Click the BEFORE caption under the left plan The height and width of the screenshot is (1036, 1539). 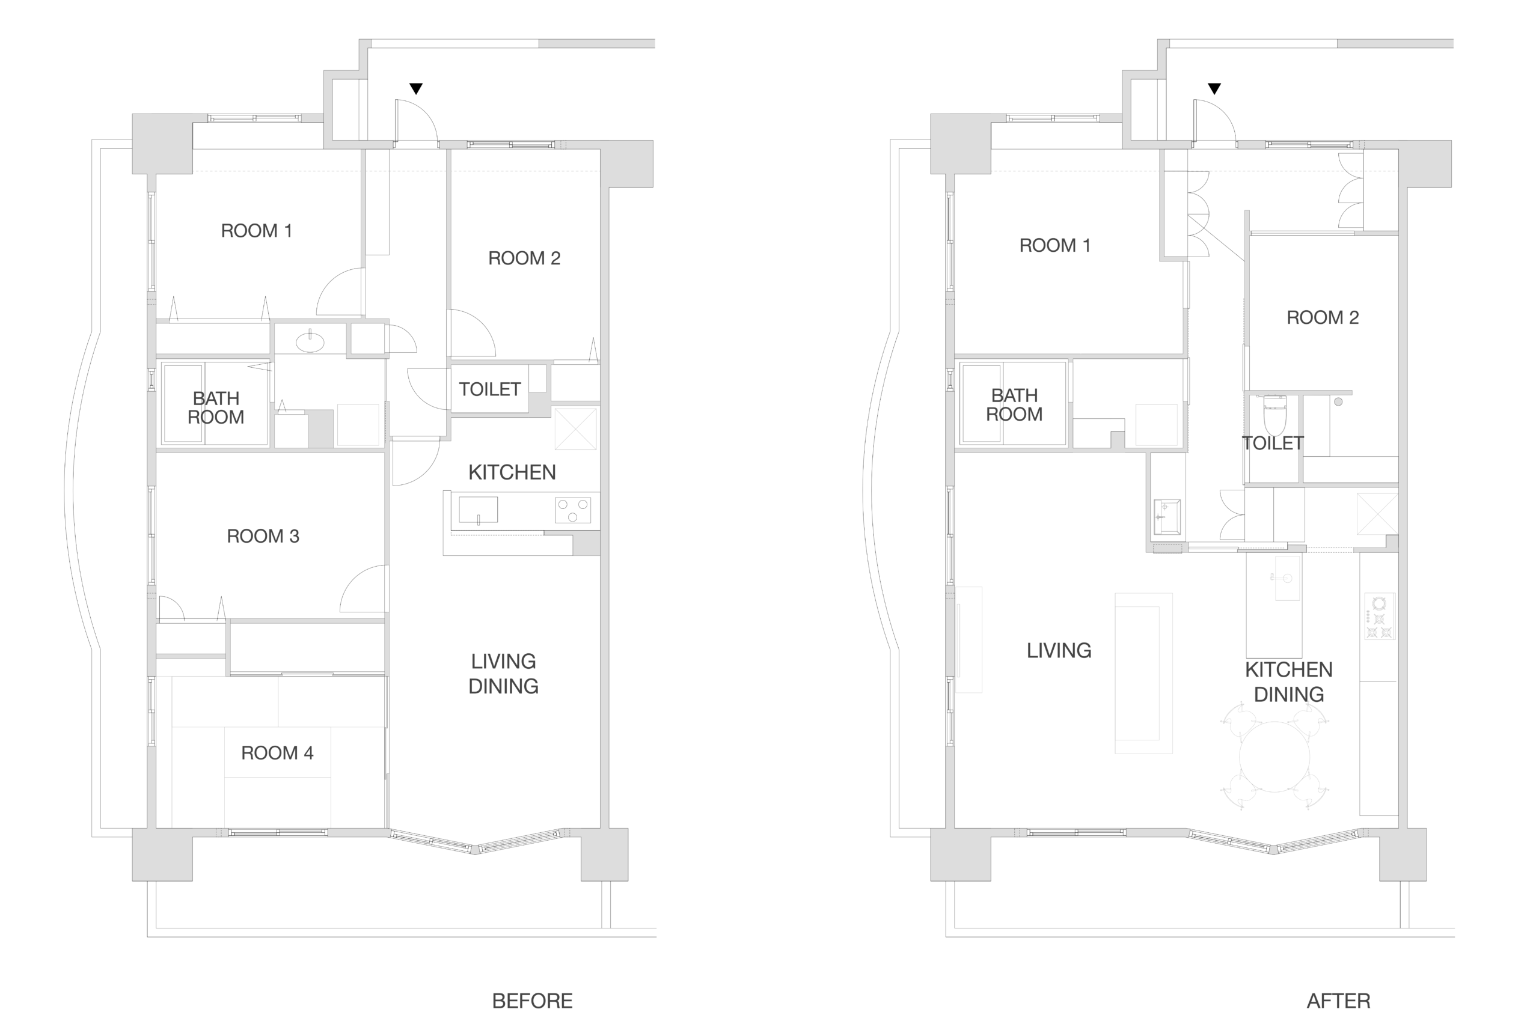pyautogui.click(x=532, y=1001)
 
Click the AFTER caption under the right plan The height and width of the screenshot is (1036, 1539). pyautogui.click(x=1338, y=1001)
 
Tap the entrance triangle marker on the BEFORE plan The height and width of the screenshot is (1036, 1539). pyautogui.click(x=415, y=88)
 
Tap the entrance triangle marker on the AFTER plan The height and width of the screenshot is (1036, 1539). pyautogui.click(x=1214, y=88)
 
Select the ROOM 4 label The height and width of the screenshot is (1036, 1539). pyautogui.click(x=277, y=752)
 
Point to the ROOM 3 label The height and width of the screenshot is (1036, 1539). pyautogui.click(x=263, y=536)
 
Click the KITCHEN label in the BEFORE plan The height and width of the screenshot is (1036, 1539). pyautogui.click(x=512, y=472)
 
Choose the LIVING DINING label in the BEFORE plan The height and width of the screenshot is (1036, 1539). pyautogui.click(x=504, y=674)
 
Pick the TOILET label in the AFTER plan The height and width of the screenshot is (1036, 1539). pyautogui.click(x=1273, y=443)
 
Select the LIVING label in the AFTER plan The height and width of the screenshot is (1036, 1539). pyautogui.click(x=1059, y=651)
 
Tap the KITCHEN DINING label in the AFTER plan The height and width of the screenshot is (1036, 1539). pyautogui.click(x=1288, y=682)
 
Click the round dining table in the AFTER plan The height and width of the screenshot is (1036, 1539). pyautogui.click(x=1274, y=757)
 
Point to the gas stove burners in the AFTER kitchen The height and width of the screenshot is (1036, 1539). pyautogui.click(x=1379, y=617)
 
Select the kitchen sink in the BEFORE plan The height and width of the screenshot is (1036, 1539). pyautogui.click(x=479, y=510)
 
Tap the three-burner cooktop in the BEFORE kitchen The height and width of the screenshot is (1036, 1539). pyautogui.click(x=572, y=510)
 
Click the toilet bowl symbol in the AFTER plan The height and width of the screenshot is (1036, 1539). pyautogui.click(x=1274, y=415)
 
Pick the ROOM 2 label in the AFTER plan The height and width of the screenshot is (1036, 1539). pyautogui.click(x=1322, y=318)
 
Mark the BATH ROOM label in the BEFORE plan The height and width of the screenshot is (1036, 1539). pyautogui.click(x=216, y=407)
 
